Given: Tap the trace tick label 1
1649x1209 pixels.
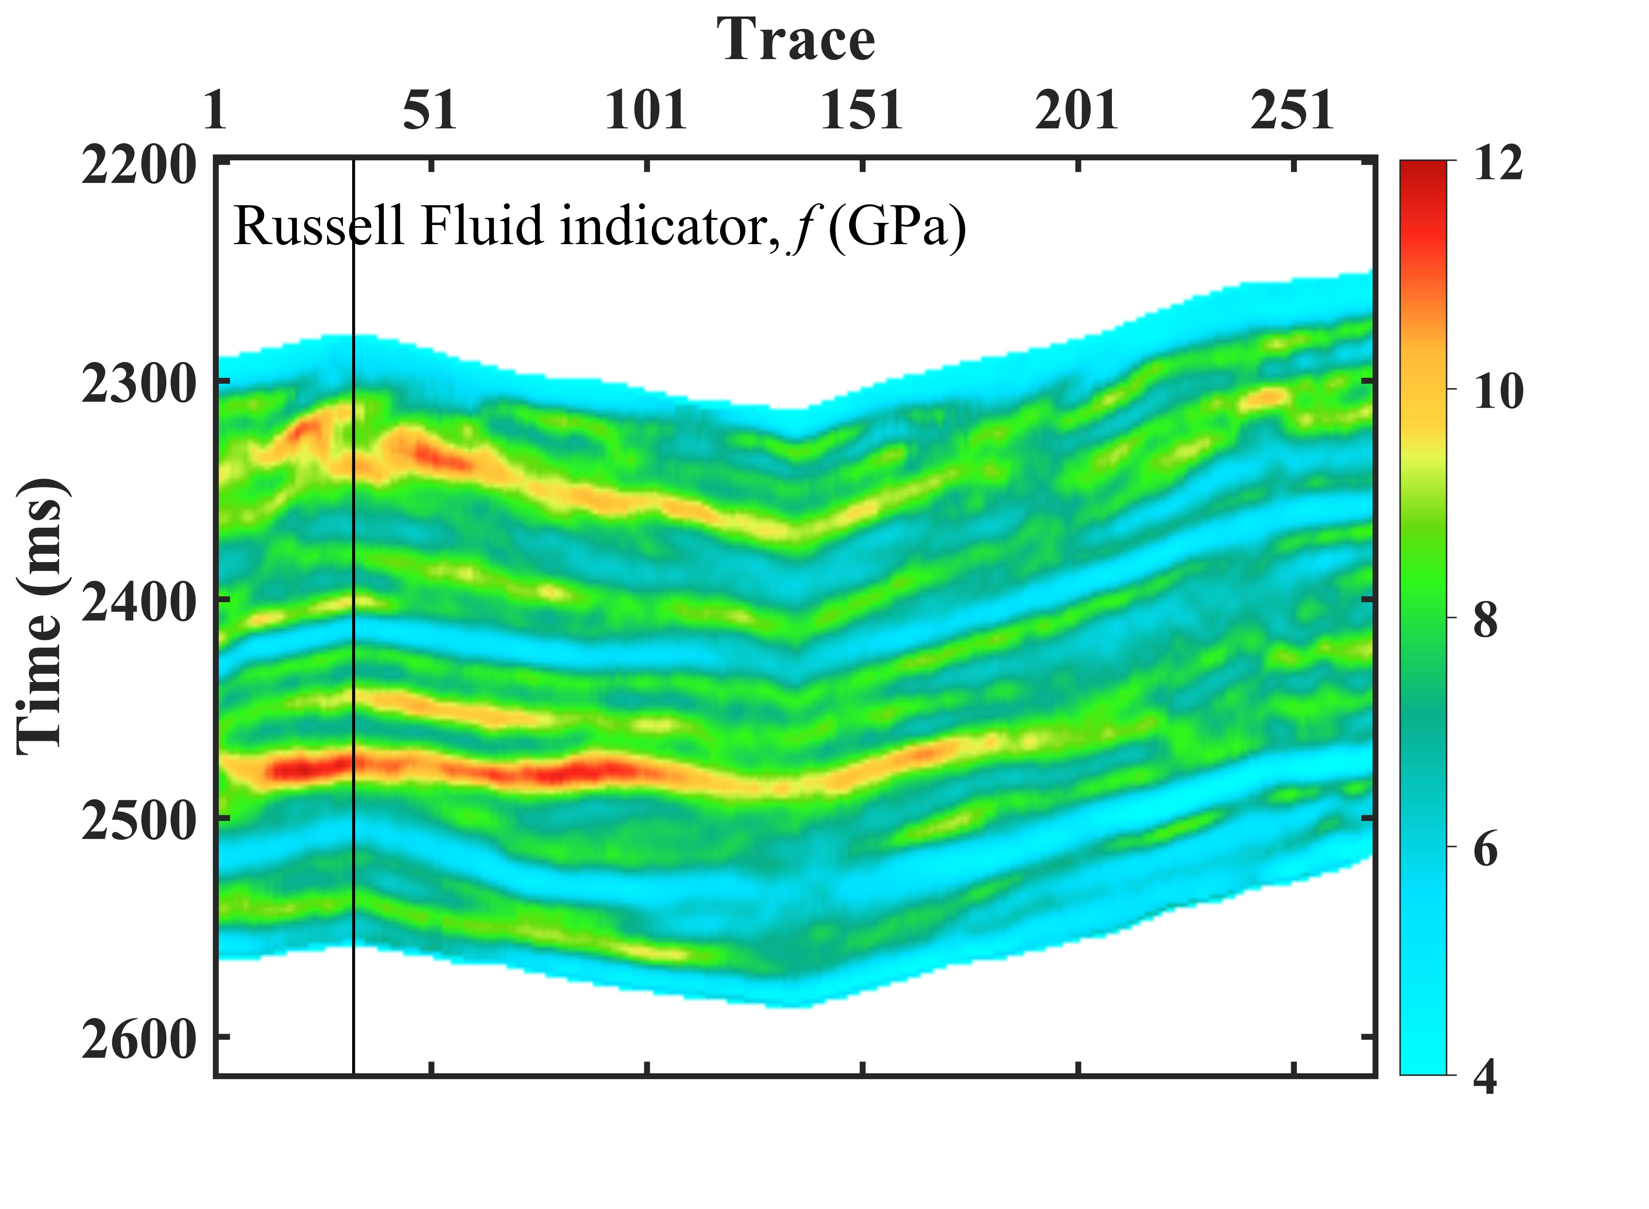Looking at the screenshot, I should tap(215, 111).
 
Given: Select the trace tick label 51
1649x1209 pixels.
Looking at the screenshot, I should tap(430, 111).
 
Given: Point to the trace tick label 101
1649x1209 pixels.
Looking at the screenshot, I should tap(646, 111).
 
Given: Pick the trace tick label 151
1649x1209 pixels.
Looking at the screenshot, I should tap(861, 111).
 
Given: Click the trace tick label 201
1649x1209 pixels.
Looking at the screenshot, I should tap(1077, 111).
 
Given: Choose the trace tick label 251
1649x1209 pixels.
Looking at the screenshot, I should tap(1293, 111).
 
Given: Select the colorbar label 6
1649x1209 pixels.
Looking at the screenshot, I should tap(1486, 849).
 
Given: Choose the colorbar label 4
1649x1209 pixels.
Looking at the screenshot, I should tap(1486, 1077).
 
